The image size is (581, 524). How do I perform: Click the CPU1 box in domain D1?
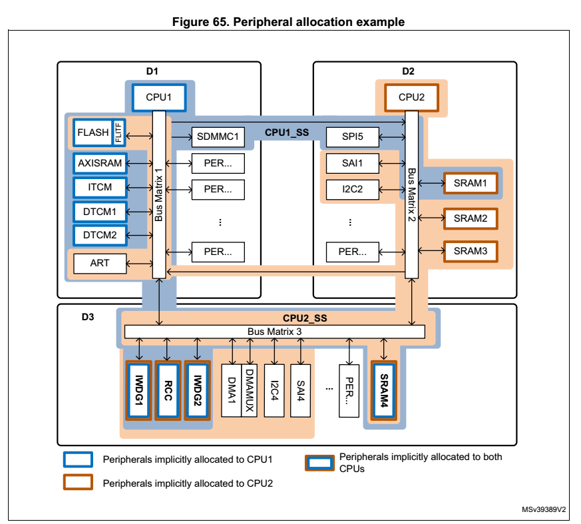(x=159, y=97)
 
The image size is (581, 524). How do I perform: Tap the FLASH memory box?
(x=93, y=132)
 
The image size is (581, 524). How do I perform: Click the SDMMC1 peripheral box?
(x=218, y=137)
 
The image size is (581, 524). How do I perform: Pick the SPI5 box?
(x=352, y=137)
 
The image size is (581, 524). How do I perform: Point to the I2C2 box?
(x=352, y=188)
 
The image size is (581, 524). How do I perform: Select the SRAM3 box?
(x=470, y=250)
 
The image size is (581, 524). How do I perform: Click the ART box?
(x=100, y=263)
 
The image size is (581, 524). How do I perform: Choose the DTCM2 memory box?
(x=100, y=234)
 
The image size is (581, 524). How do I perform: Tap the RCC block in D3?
(x=168, y=390)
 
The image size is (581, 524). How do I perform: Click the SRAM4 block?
(x=384, y=390)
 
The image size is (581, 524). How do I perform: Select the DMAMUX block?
(x=248, y=390)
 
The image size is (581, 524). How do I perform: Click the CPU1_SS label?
(x=287, y=132)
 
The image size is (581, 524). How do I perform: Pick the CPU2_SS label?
(x=305, y=318)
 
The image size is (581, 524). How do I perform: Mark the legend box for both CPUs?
(x=318, y=463)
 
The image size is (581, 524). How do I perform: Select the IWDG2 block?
(x=197, y=390)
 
